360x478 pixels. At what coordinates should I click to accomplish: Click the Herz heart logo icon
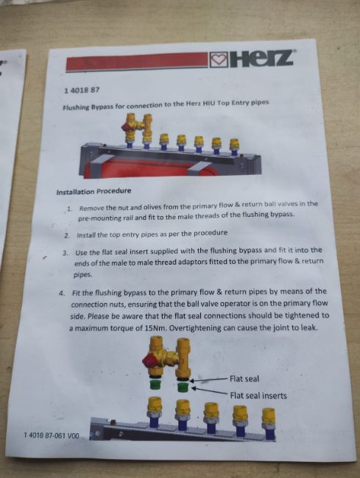tap(219, 59)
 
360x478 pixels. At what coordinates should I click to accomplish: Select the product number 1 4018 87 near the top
tap(82, 90)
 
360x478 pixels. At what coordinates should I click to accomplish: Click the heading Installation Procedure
tap(93, 191)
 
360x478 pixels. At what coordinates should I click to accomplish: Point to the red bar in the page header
tap(137, 62)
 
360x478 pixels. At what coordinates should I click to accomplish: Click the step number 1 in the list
tap(69, 209)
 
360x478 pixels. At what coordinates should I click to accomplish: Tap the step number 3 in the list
tap(65, 253)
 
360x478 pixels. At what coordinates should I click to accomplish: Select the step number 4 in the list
tap(62, 293)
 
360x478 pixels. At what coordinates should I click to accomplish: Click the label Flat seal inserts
tap(258, 396)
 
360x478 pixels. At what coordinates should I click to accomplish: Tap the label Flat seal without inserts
tap(244, 379)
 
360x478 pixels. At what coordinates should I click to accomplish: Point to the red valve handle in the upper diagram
tap(127, 127)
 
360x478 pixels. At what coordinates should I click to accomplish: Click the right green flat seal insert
tap(183, 388)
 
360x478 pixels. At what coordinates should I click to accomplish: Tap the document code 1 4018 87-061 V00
tap(52, 435)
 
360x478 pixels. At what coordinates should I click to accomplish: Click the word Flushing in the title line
tap(76, 107)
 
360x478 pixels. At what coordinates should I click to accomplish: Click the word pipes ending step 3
tap(82, 274)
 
